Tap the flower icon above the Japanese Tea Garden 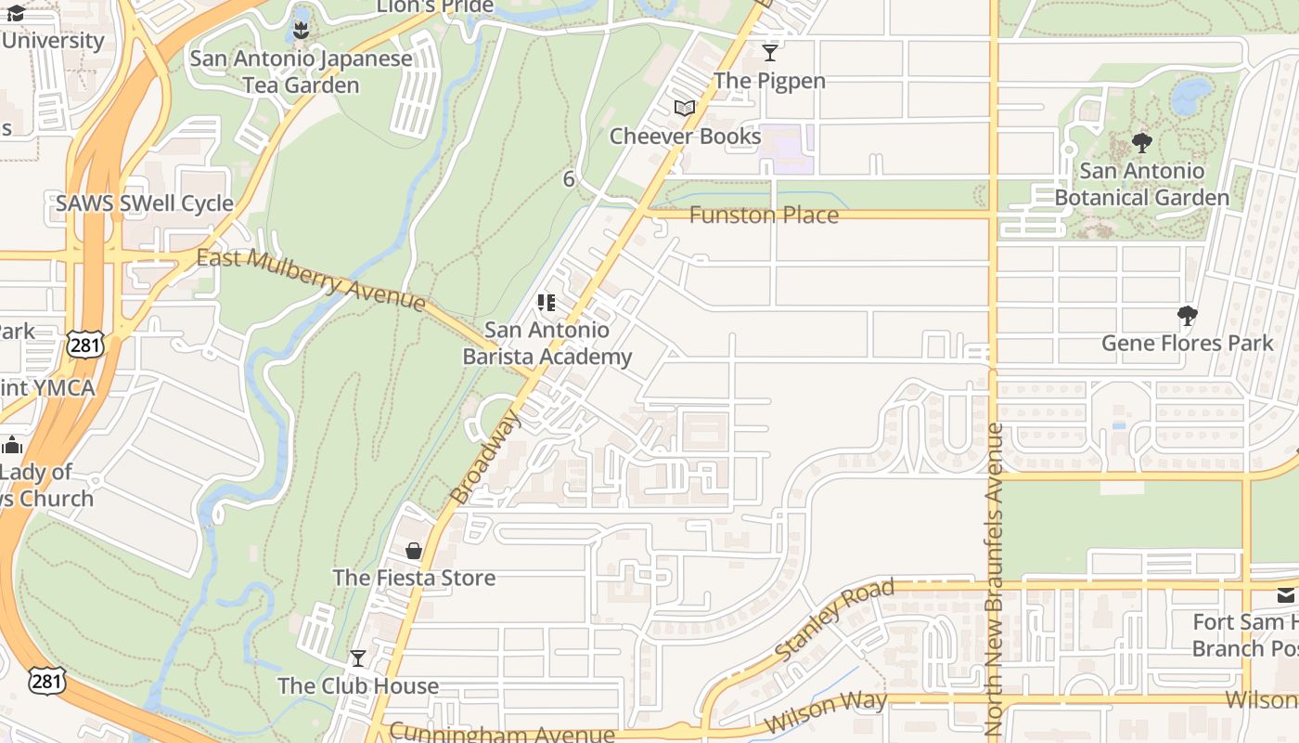[301, 31]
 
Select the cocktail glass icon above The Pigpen [770, 52]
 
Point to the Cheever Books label [685, 137]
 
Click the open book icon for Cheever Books [685, 109]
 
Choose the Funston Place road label [764, 215]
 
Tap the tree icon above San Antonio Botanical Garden [1142, 143]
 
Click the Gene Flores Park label [1188, 344]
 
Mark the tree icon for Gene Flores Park [1188, 316]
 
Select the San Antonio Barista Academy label [547, 344]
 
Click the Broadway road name [485, 457]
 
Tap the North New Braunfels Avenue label [995, 580]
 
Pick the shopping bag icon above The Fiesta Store [414, 551]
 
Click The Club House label [358, 686]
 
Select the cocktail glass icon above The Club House [358, 658]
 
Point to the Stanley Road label [834, 620]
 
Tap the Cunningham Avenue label [501, 733]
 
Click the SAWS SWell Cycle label [145, 203]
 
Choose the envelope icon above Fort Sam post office [1286, 595]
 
